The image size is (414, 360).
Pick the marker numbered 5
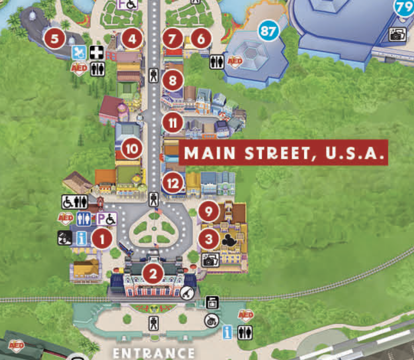(x=54, y=39)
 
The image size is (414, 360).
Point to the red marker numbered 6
(x=201, y=40)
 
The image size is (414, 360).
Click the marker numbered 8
(x=173, y=81)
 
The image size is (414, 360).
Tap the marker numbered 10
(x=132, y=149)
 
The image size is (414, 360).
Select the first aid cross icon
(x=97, y=53)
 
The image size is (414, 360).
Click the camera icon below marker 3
(x=210, y=260)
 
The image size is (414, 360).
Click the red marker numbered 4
(x=132, y=40)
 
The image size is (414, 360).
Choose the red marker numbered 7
(x=173, y=40)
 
